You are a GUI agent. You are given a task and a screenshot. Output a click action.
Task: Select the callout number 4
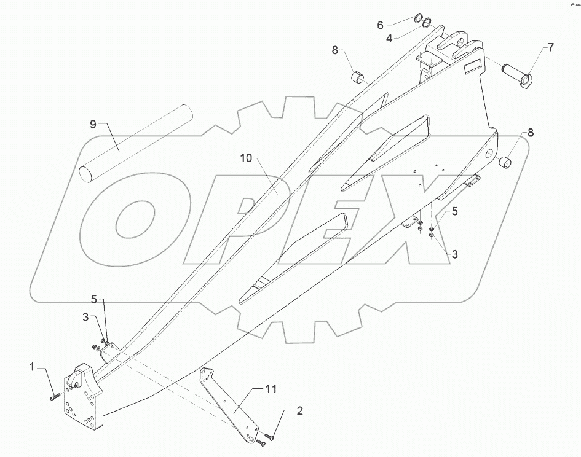tap(390, 39)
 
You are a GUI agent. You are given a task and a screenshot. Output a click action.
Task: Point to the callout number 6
tap(380, 25)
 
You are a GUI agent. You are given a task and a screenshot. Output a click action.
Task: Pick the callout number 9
tap(93, 124)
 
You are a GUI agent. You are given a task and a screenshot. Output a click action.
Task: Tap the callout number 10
tap(246, 159)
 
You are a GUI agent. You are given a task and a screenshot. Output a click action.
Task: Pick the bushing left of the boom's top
tap(357, 78)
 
